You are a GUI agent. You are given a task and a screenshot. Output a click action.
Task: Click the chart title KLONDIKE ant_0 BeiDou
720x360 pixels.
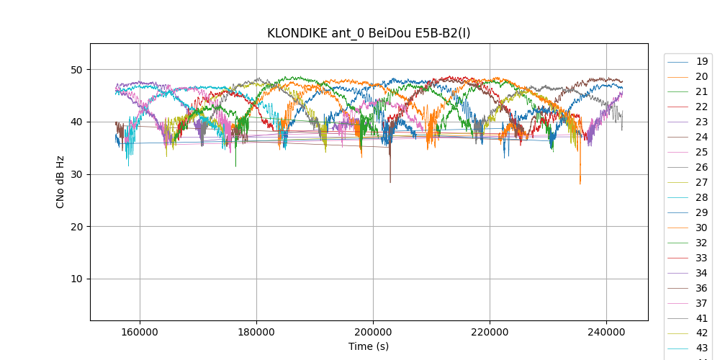(x=369, y=33)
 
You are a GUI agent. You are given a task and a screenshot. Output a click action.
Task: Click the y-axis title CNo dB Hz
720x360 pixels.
(x=60, y=181)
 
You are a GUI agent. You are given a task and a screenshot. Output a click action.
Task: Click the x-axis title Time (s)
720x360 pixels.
(x=369, y=346)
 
